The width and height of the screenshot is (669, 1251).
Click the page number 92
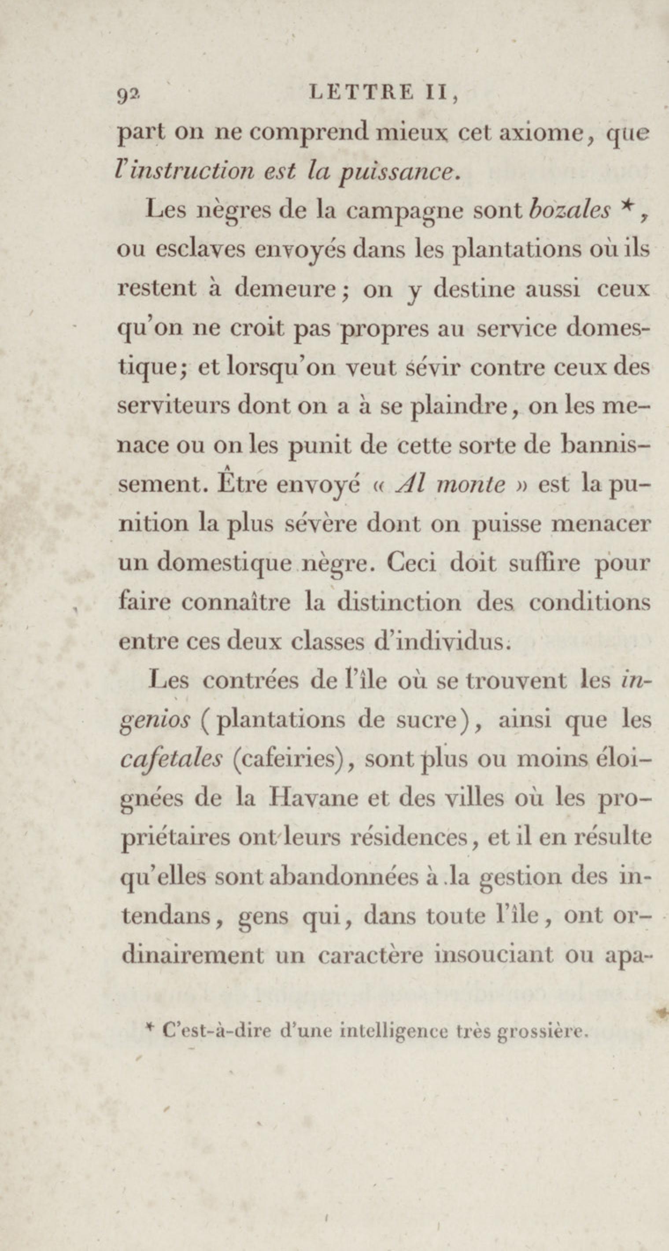(128, 96)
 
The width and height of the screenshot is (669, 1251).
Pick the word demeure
(285, 289)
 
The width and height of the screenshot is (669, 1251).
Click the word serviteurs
(174, 406)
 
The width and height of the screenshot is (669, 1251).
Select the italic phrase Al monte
(452, 485)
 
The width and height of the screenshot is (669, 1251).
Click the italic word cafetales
(170, 760)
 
